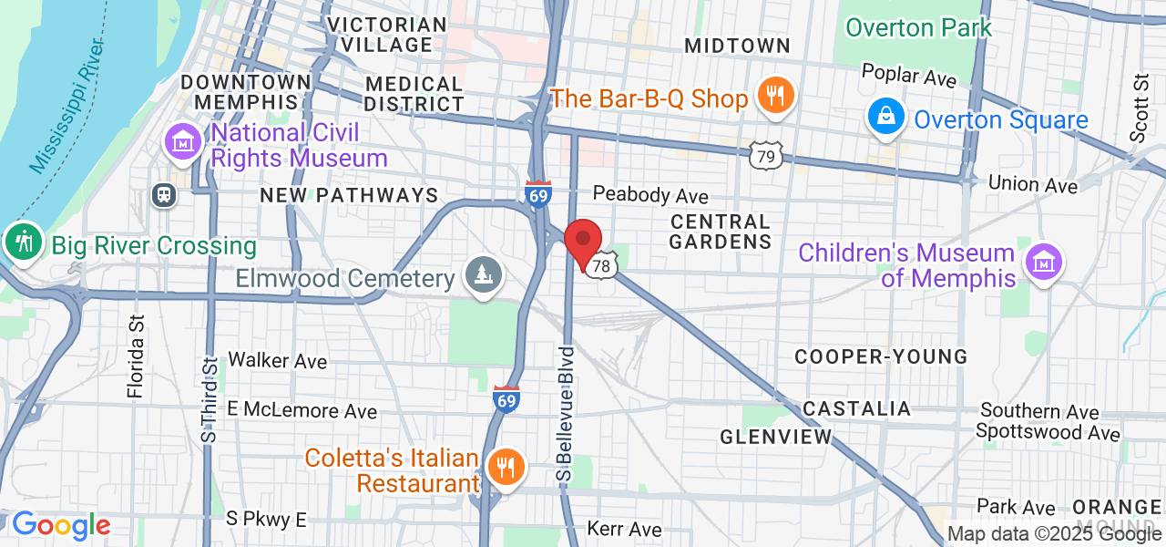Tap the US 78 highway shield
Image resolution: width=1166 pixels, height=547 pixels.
tap(599, 266)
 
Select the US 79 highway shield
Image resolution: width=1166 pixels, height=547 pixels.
tap(767, 158)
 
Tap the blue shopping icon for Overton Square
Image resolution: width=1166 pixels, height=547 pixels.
tap(885, 117)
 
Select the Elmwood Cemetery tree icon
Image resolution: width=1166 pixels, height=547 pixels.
tap(479, 273)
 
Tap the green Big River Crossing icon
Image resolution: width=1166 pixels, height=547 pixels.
tap(20, 243)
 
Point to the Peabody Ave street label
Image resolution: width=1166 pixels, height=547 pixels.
tap(650, 195)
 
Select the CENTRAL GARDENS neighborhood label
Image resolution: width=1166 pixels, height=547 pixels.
tap(720, 232)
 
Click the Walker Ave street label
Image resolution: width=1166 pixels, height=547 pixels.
tap(277, 361)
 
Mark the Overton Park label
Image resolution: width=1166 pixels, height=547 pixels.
tap(918, 28)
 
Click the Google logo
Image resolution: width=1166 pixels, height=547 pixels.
tap(61, 525)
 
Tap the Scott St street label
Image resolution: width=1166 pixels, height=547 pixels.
tap(1140, 108)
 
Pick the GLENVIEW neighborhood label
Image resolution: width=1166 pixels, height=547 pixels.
tap(776, 437)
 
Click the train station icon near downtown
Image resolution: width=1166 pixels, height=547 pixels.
tap(165, 194)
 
